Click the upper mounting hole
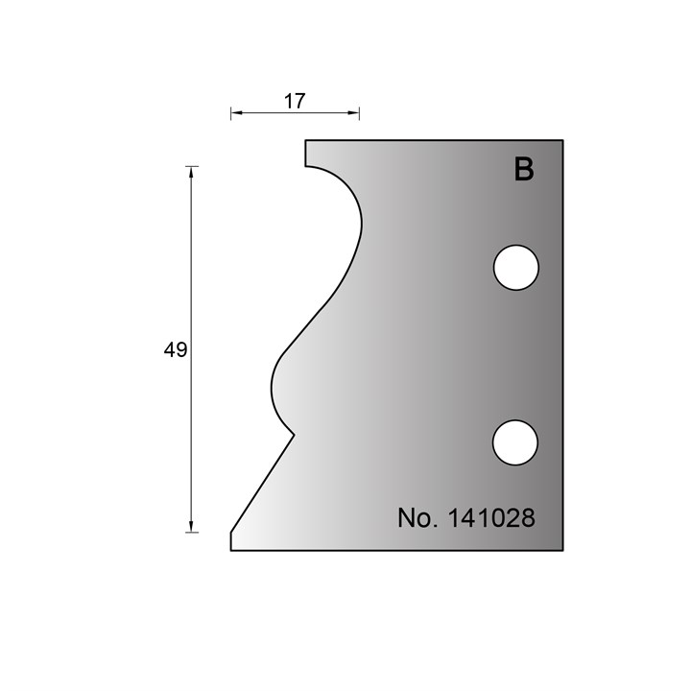click(x=516, y=268)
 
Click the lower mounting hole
click(x=515, y=442)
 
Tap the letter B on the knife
click(x=524, y=169)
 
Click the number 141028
click(x=491, y=518)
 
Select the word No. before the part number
click(x=417, y=518)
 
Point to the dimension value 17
click(x=295, y=102)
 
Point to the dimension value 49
click(x=176, y=350)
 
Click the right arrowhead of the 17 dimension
click(x=353, y=113)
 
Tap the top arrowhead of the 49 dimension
click(x=191, y=173)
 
